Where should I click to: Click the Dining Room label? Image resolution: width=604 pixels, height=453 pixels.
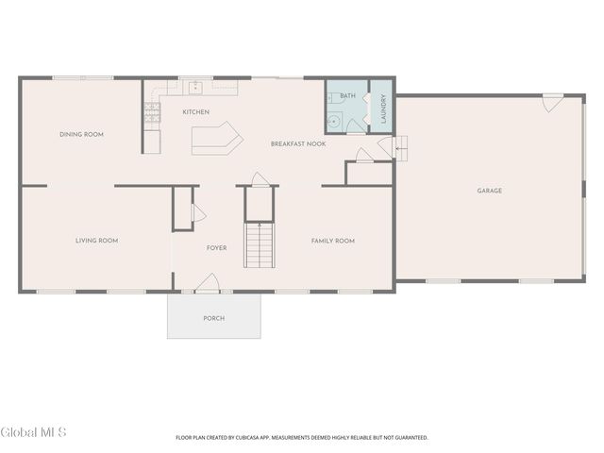pos(82,134)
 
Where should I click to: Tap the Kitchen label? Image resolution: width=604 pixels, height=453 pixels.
pos(196,112)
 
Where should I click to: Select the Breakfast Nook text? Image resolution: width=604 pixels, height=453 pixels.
pos(298,143)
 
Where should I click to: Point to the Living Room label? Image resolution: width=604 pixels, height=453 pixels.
pos(96,241)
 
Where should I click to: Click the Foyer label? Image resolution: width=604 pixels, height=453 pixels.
pos(216,247)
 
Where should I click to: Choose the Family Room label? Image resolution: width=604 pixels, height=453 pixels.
pos(333,241)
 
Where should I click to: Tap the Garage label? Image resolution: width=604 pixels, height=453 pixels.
pos(489,191)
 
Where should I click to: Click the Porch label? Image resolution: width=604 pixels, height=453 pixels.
pos(214,318)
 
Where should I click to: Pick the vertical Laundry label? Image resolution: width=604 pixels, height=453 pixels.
pos(383,109)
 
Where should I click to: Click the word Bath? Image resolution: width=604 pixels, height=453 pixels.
pos(348,95)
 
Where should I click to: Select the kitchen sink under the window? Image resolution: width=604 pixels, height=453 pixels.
pos(195,88)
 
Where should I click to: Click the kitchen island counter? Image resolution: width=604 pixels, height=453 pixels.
pos(217,139)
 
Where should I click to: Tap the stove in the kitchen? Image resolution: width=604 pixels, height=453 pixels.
pos(152,112)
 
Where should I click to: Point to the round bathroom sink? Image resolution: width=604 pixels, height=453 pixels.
pos(333,122)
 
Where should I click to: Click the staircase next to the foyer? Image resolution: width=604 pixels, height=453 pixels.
pos(260,245)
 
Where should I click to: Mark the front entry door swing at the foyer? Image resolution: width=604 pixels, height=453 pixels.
pos(207,282)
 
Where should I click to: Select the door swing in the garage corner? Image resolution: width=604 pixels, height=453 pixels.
pos(553,103)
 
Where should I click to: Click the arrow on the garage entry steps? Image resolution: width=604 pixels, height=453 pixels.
pos(400,148)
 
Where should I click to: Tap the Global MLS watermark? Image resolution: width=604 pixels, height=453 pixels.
pos(34,432)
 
